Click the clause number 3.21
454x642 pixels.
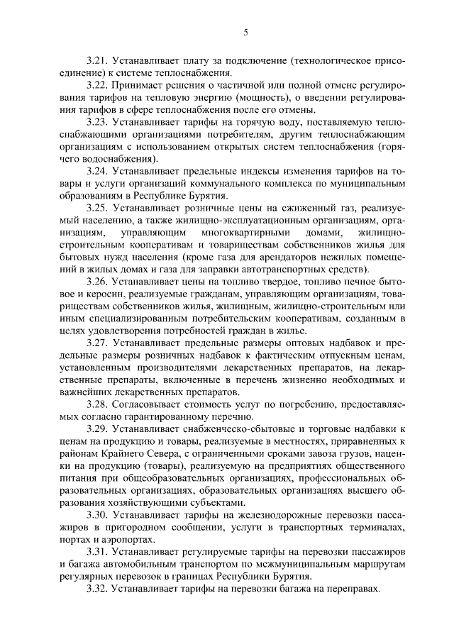pyautogui.click(x=96, y=61)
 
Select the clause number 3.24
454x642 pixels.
pyautogui.click(x=96, y=170)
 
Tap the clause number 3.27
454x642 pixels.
pyautogui.click(x=96, y=343)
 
